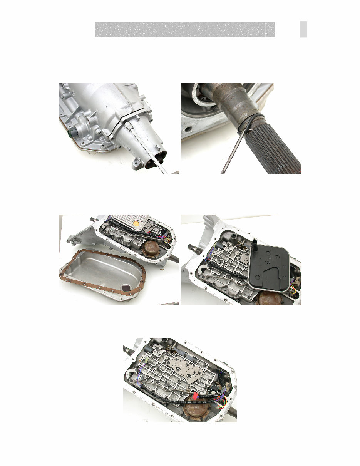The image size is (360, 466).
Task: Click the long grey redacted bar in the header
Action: (185, 29)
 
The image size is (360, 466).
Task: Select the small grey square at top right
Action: (303, 29)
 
